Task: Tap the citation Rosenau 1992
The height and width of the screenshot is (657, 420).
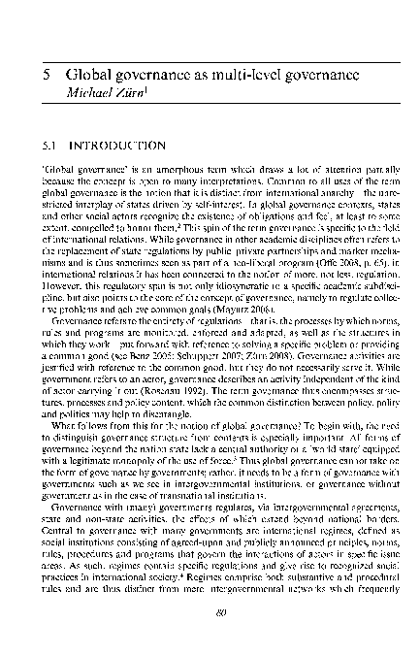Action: pyautogui.click(x=160, y=414)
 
